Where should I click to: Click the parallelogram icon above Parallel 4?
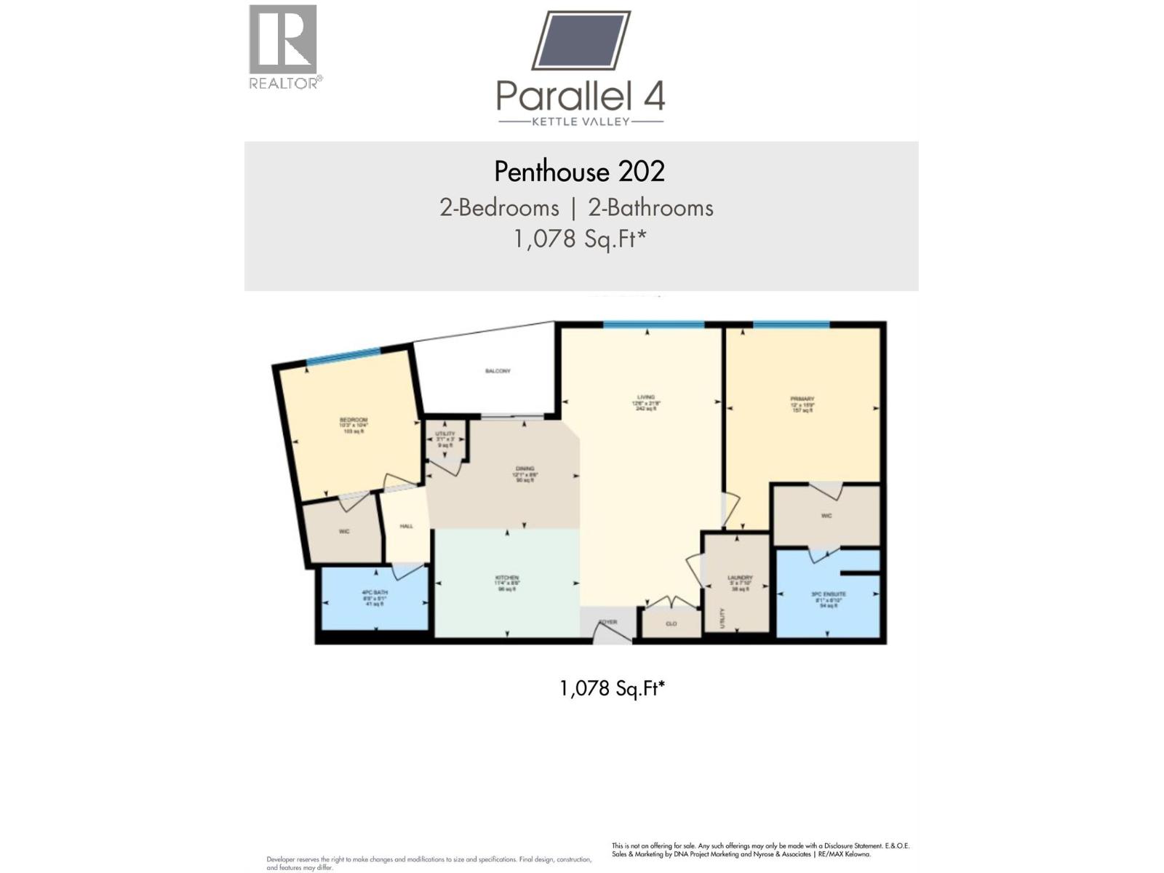pos(581,40)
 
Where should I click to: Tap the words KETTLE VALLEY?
pos(581,121)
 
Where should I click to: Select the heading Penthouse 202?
pos(580,172)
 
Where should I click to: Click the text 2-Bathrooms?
pos(650,208)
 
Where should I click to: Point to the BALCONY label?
pos(498,371)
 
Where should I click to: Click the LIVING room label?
pos(645,398)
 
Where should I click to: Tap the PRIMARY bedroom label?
pos(802,399)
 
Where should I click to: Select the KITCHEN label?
pos(506,579)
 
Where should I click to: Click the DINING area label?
pos(525,469)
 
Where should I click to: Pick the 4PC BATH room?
pos(375,593)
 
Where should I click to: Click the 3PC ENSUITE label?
pos(829,594)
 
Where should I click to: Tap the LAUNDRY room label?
pos(740,578)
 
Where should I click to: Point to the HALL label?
pos(407,526)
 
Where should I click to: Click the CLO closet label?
pos(671,624)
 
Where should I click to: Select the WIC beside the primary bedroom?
pos(826,517)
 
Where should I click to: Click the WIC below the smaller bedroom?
pos(344,532)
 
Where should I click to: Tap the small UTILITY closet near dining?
pos(445,434)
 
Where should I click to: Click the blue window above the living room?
pos(653,324)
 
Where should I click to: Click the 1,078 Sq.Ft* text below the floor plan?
pos(612,688)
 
